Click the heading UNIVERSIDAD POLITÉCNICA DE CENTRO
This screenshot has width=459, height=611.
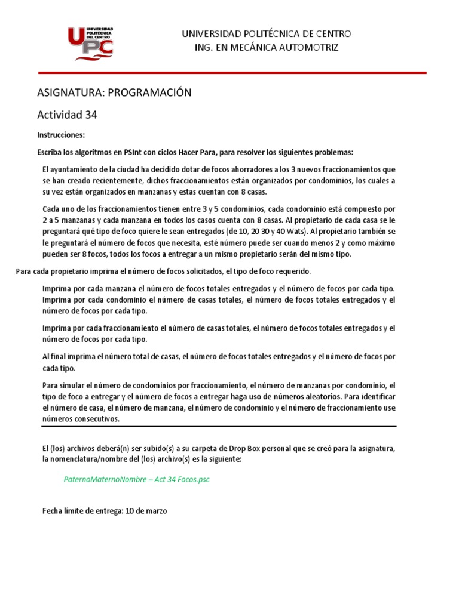[267, 34]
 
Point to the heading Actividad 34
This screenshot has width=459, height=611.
[67, 115]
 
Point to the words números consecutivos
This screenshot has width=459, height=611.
[81, 419]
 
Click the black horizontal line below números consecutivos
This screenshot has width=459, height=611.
[219, 427]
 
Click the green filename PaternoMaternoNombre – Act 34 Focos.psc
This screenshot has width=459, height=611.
[136, 480]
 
